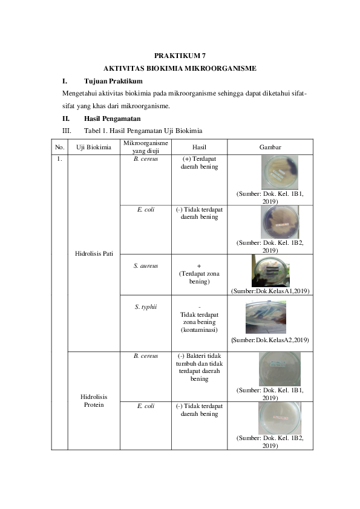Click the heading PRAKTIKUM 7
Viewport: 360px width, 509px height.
pos(180,55)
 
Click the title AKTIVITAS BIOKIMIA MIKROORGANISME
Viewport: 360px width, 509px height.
pos(180,68)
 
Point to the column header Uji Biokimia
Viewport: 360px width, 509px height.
pos(93,147)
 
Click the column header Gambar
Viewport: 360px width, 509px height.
pos(270,147)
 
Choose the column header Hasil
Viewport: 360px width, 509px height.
pos(199,147)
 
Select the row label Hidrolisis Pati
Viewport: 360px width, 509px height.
pos(93,253)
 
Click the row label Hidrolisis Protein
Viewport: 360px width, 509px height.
pos(93,401)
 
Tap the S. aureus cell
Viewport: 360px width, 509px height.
pos(145,265)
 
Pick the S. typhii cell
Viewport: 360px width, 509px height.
pos(145,306)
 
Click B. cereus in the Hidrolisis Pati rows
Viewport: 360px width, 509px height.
pos(145,159)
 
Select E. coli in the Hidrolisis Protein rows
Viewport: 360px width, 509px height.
pos(145,406)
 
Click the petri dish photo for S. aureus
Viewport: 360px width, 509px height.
pos(270,270)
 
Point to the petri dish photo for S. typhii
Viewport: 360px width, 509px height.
pos(270,317)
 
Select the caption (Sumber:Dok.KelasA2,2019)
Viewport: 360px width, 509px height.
pos(270,340)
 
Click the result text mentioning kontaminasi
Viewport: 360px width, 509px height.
pos(199,331)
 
